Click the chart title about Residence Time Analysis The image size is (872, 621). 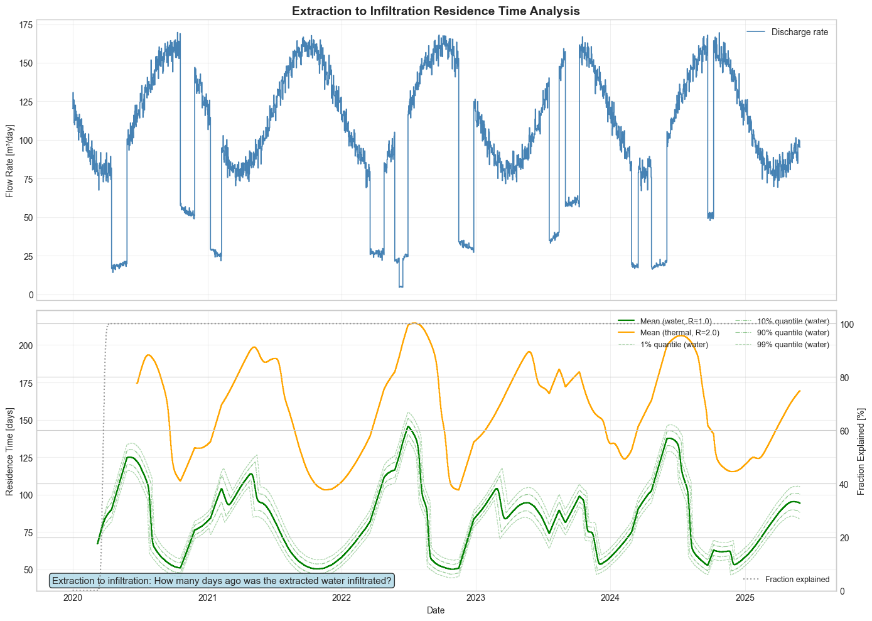(x=436, y=11)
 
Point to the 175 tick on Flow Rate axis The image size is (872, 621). (x=25, y=25)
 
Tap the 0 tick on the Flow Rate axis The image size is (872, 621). (x=29, y=295)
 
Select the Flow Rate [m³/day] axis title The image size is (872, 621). (x=10, y=160)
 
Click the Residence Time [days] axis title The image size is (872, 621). (x=10, y=450)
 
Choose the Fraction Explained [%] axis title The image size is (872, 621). (x=861, y=450)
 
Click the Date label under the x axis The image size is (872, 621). (x=436, y=610)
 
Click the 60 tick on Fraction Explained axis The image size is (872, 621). (x=846, y=431)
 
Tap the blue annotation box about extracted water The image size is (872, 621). (x=222, y=581)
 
